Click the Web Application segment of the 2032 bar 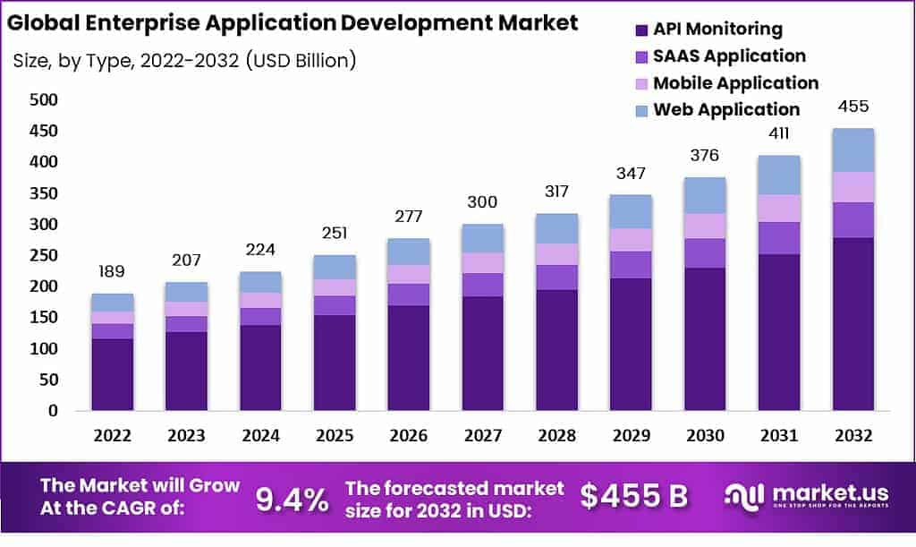click(852, 150)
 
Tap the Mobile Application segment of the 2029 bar click(631, 240)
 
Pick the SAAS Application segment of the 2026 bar click(408, 295)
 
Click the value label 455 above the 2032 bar click(852, 107)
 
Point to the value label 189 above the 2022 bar click(113, 272)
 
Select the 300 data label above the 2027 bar click(482, 202)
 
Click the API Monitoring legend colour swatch click(641, 30)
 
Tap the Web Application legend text click(726, 110)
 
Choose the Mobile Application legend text click(735, 83)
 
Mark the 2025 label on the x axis click(334, 435)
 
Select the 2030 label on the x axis click(705, 435)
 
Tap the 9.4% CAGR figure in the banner click(292, 499)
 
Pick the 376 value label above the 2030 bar click(705, 157)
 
